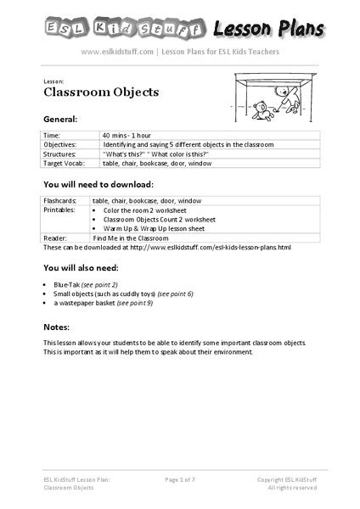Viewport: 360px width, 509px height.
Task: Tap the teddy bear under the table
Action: coord(262,109)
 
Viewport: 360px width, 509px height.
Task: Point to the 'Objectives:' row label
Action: coord(59,145)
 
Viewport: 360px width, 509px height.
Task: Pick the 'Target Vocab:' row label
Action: coord(62,163)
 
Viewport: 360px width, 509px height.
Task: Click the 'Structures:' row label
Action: coord(59,154)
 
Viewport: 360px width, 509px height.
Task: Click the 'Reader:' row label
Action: coord(54,238)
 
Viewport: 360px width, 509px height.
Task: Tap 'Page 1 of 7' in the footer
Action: coord(180,479)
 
